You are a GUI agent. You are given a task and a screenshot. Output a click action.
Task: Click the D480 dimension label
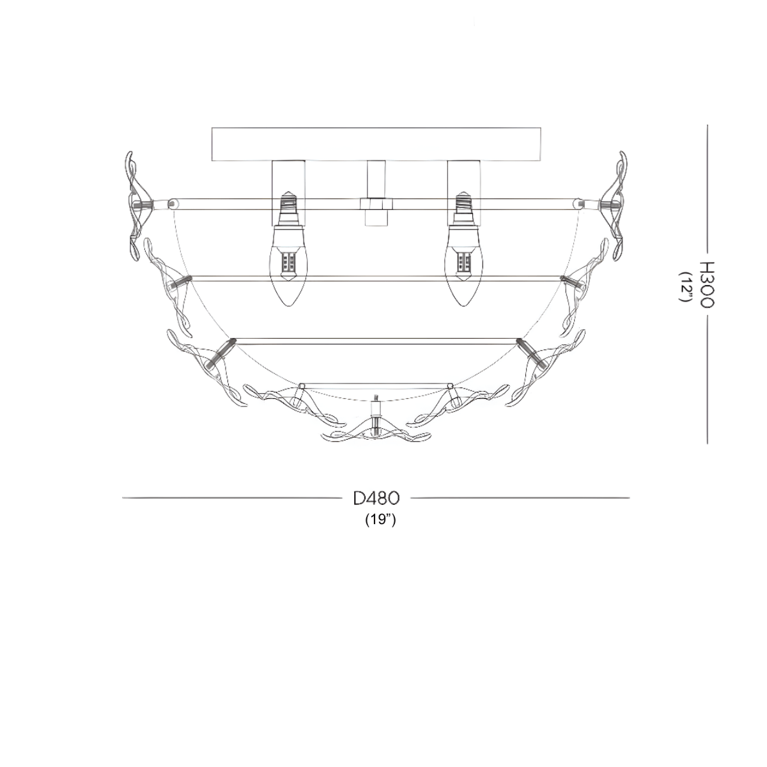coord(376,497)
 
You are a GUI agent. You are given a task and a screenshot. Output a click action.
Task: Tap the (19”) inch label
coord(381,520)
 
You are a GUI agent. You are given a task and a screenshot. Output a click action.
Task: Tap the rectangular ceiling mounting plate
coord(376,144)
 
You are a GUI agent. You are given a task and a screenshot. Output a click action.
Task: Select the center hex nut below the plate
coord(376,204)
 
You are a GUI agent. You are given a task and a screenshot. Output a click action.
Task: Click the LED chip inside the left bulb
coord(289,262)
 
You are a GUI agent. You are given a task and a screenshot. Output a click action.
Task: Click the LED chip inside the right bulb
coord(465,262)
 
